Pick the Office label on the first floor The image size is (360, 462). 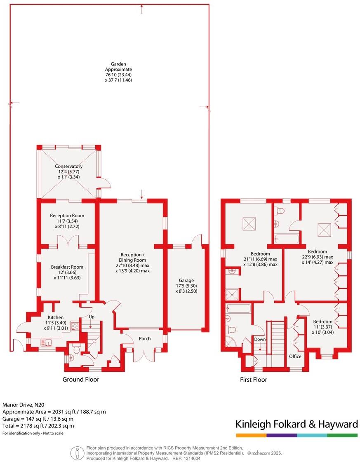(x=295, y=356)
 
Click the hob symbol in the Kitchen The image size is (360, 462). (x=75, y=326)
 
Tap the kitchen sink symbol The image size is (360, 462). (x=45, y=342)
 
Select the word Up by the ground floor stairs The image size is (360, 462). (x=92, y=317)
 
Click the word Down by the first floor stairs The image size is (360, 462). (x=260, y=339)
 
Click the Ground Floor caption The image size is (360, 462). (x=81, y=379)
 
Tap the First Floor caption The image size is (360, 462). (x=254, y=380)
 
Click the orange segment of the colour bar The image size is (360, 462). (x=251, y=435)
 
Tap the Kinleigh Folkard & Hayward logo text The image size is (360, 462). (x=296, y=424)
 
